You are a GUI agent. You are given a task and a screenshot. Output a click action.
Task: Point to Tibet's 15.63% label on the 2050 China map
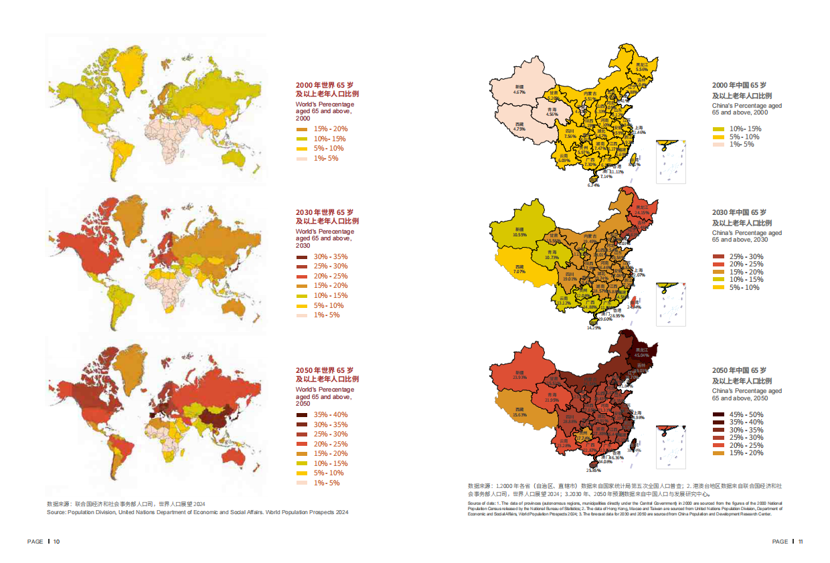point(519,414)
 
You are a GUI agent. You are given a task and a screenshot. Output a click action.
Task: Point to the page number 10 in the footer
point(57,541)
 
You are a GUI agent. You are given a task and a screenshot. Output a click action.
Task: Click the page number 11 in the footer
point(799,541)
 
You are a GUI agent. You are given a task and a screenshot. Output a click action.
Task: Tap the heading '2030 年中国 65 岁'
point(739,213)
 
